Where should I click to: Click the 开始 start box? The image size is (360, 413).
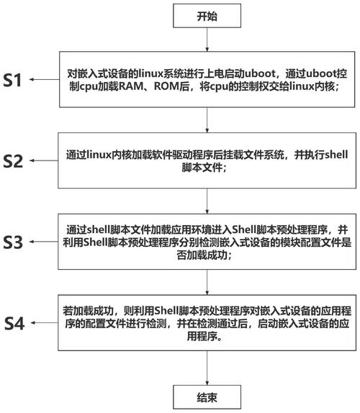click(x=207, y=16)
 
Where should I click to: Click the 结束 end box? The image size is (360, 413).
click(x=207, y=397)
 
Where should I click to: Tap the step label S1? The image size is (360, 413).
click(x=12, y=80)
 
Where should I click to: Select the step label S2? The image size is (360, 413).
click(x=13, y=161)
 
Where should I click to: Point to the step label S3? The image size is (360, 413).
click(x=13, y=242)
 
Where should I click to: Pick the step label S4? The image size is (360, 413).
click(x=14, y=324)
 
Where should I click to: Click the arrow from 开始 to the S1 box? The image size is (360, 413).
click(x=207, y=40)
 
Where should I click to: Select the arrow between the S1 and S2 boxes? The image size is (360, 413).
click(x=207, y=120)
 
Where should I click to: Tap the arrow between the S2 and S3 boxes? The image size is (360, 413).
click(x=207, y=201)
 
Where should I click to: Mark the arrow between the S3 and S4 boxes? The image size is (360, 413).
click(x=207, y=282)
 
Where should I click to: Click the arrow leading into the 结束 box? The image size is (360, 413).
click(x=207, y=368)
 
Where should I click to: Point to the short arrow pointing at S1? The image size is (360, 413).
click(x=44, y=80)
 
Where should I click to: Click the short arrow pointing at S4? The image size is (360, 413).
click(x=44, y=322)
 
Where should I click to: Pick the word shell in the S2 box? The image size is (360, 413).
click(x=336, y=155)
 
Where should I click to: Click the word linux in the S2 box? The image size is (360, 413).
click(x=99, y=155)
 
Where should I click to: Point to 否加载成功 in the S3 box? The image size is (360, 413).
click(x=203, y=255)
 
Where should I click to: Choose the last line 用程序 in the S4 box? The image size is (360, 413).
click(x=203, y=336)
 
